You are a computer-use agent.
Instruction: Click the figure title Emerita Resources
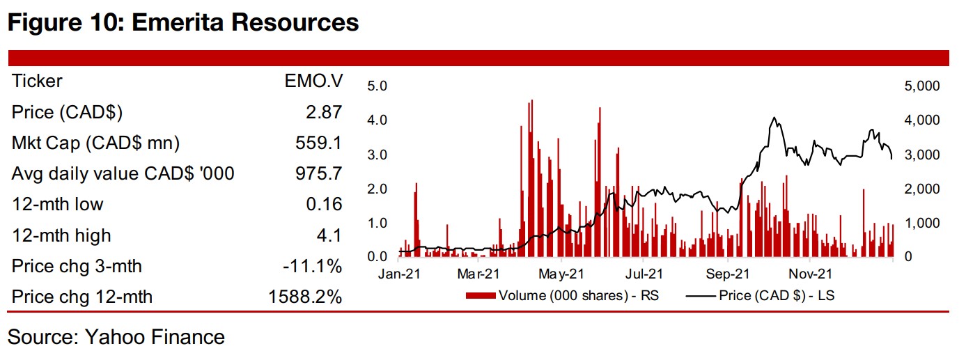[182, 22]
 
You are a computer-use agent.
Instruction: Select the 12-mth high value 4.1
[329, 235]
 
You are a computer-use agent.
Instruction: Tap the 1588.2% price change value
[305, 297]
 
